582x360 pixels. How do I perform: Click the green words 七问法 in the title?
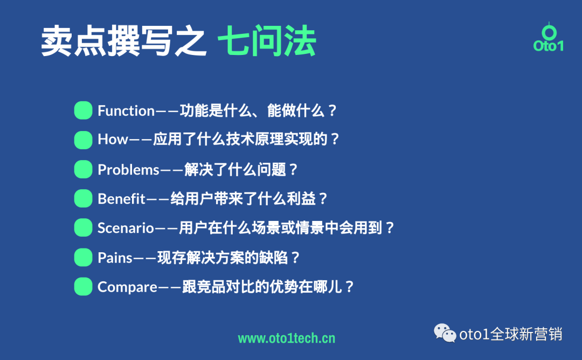267,42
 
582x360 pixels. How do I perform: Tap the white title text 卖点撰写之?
124,42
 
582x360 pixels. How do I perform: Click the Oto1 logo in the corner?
548,38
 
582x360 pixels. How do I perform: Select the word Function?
126,111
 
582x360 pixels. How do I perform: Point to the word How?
113,140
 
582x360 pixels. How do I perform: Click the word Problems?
128,170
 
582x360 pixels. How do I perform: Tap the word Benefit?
122,199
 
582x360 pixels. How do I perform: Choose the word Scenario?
126,228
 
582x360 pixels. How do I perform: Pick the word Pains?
115,258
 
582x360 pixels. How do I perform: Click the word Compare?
127,287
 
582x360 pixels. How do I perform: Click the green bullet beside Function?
83,110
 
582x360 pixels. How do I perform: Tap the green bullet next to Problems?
83,169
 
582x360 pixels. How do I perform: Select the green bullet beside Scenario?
83,227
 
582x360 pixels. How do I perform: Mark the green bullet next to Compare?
83,286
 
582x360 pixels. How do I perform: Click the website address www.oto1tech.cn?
287,338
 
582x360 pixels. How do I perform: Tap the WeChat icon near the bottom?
445,333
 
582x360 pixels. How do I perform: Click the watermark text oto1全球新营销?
510,334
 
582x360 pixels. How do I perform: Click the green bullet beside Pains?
83,257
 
